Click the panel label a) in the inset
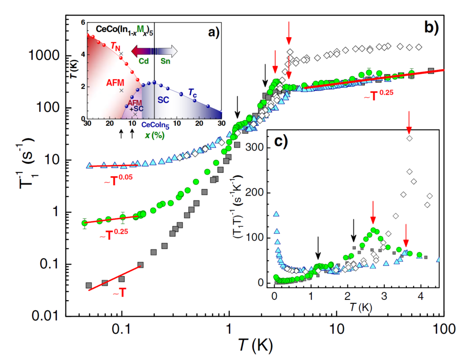pyautogui.click(x=213, y=31)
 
